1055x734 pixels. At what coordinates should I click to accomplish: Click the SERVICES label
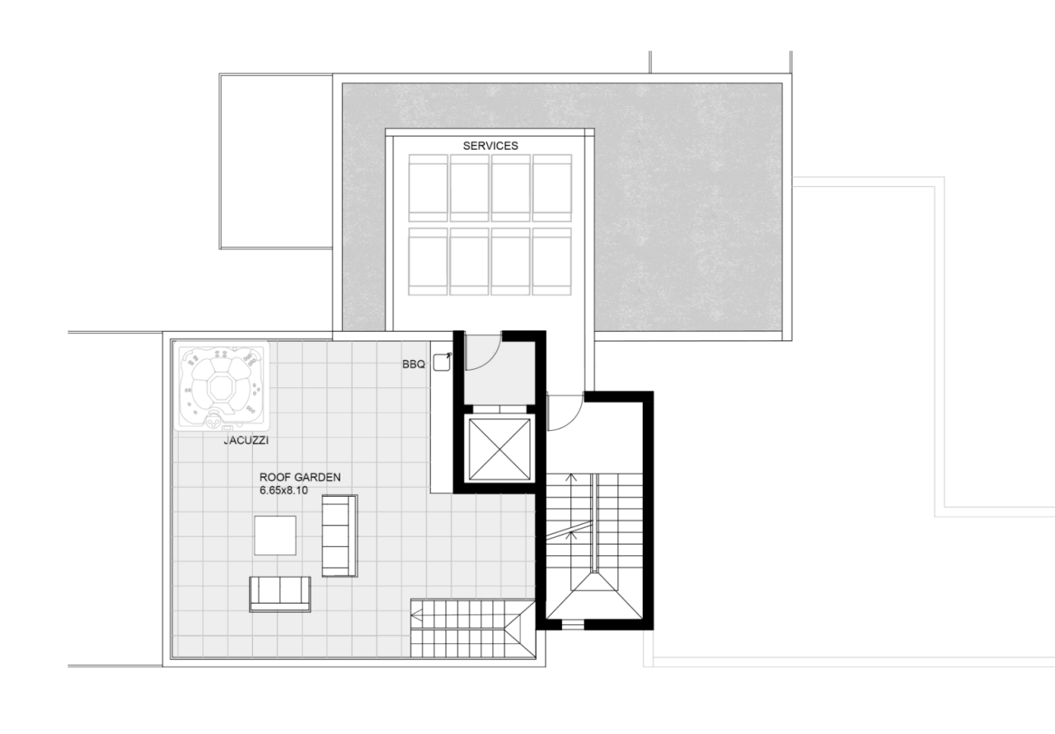pos(490,146)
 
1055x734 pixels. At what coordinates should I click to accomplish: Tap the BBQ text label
pos(414,363)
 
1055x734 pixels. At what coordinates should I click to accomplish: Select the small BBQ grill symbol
pos(443,362)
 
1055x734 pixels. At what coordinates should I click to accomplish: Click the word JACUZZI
pos(246,441)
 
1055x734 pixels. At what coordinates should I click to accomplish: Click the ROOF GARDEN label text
pos(300,477)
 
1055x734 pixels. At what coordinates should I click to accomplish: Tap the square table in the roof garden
pos(274,535)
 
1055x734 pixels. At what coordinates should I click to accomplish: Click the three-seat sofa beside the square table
pos(339,535)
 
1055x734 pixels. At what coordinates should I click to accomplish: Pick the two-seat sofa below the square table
pos(280,593)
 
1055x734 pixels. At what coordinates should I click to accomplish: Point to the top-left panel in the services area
pos(428,188)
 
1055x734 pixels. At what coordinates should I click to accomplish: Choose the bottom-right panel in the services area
pos(551,261)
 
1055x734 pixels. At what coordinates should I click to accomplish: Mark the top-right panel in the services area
pos(551,188)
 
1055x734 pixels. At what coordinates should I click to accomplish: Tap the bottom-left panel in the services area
pos(428,261)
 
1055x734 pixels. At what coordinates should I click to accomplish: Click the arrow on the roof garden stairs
pos(419,614)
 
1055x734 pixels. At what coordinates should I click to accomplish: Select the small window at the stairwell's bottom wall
pos(573,625)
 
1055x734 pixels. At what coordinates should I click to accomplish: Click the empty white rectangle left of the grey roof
pos(275,161)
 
